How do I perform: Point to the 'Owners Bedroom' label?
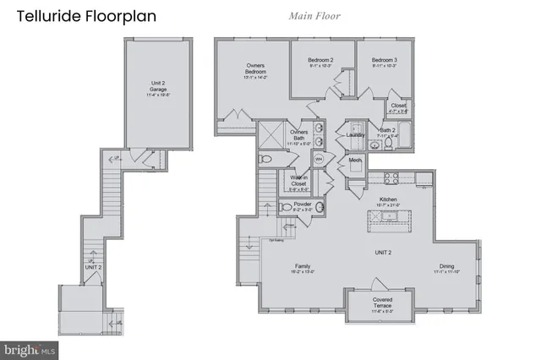256,71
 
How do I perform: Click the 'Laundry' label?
355,134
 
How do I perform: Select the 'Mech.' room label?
355,161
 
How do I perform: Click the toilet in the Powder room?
286,207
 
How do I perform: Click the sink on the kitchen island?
390,216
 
